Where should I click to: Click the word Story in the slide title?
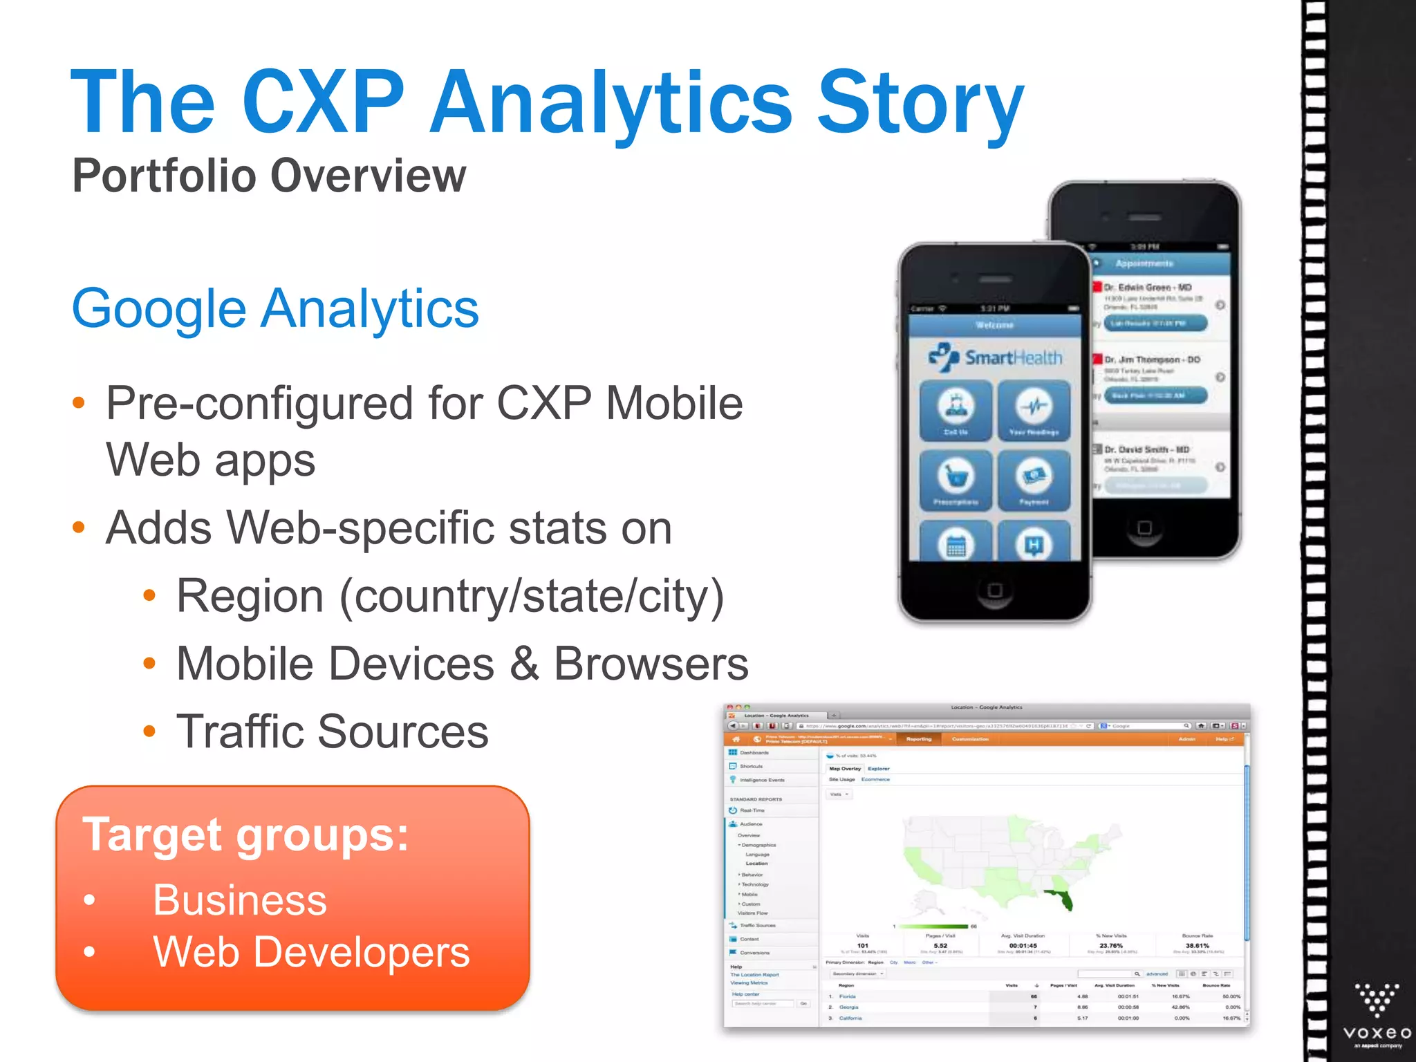coord(920,104)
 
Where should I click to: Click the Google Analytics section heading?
coord(275,308)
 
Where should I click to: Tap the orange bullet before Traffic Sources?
coord(149,732)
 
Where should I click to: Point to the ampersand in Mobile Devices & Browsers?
coord(524,664)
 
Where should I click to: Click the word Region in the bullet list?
coord(250,596)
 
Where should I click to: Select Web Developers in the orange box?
coord(311,952)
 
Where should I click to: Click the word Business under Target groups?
coord(239,900)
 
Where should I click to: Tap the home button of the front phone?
coord(995,590)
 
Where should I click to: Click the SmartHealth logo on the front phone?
coord(995,357)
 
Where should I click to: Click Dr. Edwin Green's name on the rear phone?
coord(1147,287)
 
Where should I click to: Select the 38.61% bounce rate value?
coord(1197,945)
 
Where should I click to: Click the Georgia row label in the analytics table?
coord(848,1007)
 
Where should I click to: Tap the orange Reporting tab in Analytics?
coord(919,739)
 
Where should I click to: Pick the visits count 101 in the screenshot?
coord(862,945)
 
